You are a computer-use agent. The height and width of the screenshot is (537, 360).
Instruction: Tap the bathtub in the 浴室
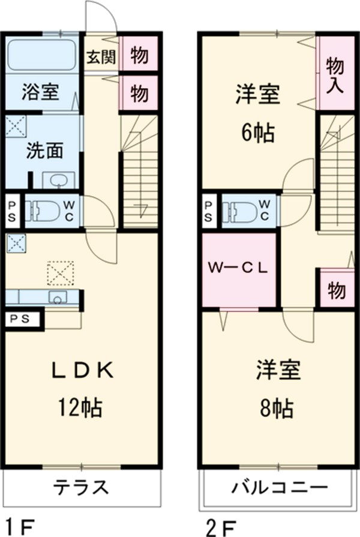point(42,55)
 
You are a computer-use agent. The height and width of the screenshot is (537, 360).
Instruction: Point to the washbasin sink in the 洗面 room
point(58,180)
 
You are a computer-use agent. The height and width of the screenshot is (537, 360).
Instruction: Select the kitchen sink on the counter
point(58,297)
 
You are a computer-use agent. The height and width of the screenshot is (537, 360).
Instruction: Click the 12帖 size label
point(80,408)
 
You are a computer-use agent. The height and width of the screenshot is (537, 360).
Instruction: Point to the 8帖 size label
point(277,408)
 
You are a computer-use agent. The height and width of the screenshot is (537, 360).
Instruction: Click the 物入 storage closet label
point(334,73)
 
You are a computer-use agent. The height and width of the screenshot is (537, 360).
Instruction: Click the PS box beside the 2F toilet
point(208,211)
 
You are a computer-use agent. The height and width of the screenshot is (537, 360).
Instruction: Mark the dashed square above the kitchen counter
point(60,274)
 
